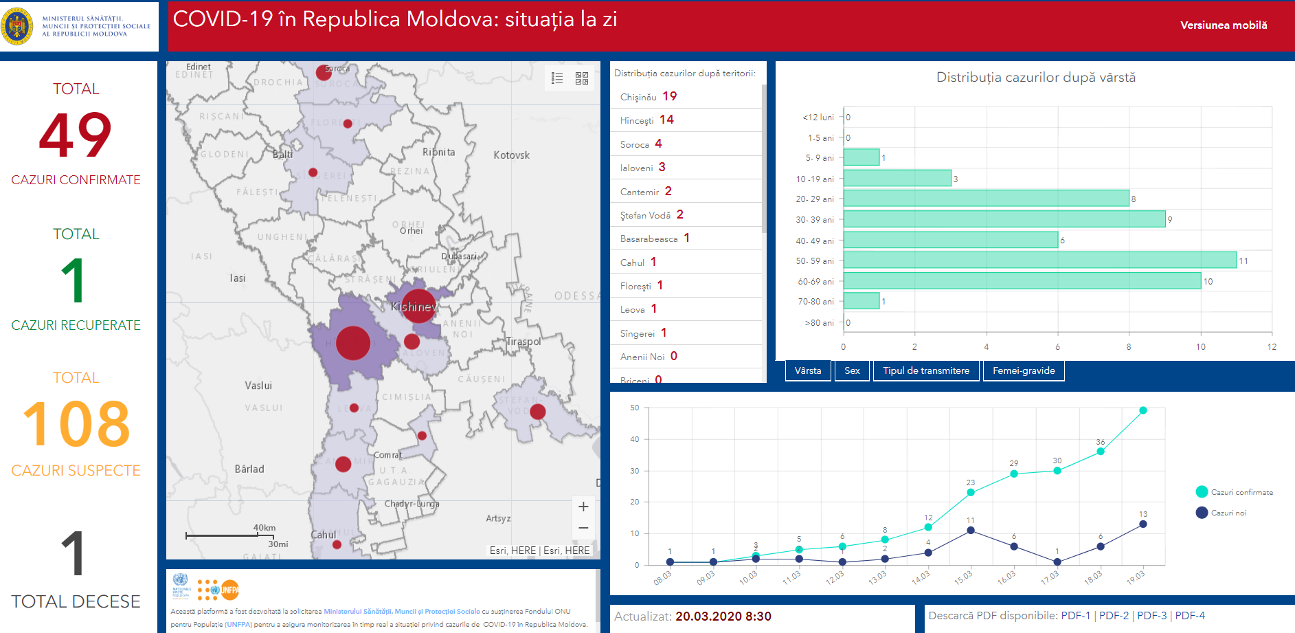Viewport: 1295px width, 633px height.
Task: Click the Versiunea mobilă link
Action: pyautogui.click(x=1223, y=25)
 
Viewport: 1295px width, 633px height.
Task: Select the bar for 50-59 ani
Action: pyautogui.click(x=1039, y=260)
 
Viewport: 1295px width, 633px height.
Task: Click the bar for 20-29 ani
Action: pyautogui.click(x=986, y=199)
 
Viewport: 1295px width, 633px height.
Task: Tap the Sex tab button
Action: pyautogui.click(x=852, y=370)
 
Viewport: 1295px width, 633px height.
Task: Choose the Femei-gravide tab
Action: pyautogui.click(x=1023, y=370)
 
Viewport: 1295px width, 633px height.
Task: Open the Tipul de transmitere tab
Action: pyautogui.click(x=925, y=370)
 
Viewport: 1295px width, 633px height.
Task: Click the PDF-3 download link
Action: pyautogui.click(x=1151, y=616)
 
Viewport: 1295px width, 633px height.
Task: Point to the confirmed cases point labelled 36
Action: pyautogui.click(x=1101, y=452)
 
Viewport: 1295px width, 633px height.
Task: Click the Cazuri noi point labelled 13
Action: pyautogui.click(x=1143, y=524)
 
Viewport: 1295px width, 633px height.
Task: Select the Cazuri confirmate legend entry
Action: pyautogui.click(x=1234, y=492)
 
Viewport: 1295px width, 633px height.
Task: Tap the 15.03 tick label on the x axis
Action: pyautogui.click(x=963, y=577)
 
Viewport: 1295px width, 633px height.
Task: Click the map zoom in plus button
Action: pyautogui.click(x=583, y=507)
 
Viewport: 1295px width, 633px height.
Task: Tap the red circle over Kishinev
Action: pyautogui.click(x=418, y=307)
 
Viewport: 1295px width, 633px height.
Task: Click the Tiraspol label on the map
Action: pyautogui.click(x=523, y=342)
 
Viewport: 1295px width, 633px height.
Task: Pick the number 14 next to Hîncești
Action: pyautogui.click(x=666, y=120)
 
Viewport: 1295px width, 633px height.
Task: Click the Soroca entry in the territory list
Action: pyautogui.click(x=635, y=144)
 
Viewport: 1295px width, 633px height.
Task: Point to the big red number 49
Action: pyautogui.click(x=76, y=135)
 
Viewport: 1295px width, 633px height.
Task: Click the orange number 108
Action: pyautogui.click(x=76, y=424)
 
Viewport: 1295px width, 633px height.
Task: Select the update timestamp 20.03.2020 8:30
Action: pyautogui.click(x=723, y=617)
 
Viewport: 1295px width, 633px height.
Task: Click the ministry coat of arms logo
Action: pyautogui.click(x=17, y=26)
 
